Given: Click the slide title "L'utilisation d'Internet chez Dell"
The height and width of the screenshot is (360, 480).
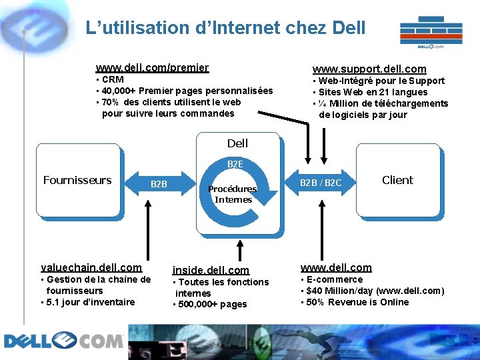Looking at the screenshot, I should click(225, 28).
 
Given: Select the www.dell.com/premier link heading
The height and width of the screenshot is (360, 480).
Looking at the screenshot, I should click(152, 67).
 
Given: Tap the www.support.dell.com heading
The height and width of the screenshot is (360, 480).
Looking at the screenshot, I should click(369, 69).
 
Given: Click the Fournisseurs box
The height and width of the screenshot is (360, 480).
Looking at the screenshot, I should click(77, 180).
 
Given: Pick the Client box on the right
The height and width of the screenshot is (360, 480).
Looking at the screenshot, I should click(397, 180).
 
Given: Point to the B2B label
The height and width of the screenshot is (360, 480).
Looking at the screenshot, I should click(159, 184).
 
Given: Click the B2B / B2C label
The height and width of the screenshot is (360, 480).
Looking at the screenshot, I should click(321, 183).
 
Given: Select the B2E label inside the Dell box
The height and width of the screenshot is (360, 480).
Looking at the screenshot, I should click(235, 163).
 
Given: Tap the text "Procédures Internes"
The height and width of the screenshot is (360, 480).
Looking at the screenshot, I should click(233, 194).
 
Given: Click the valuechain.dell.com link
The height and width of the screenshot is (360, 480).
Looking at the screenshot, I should click(91, 267).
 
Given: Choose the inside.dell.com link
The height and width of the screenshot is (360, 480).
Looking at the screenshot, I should click(211, 270).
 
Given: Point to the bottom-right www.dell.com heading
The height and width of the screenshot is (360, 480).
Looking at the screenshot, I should click(336, 267).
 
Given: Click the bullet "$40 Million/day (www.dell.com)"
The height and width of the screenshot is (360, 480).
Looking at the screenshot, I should click(375, 291).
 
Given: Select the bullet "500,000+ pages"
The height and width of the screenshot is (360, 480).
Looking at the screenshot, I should click(211, 305).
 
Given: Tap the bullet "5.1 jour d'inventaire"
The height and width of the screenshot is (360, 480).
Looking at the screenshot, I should click(90, 302).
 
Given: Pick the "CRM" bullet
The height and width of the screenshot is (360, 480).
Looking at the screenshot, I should click(112, 79).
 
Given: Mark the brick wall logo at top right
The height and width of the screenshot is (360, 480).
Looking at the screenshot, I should click(431, 33).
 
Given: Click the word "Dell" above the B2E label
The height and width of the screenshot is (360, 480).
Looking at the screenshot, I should click(237, 143).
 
